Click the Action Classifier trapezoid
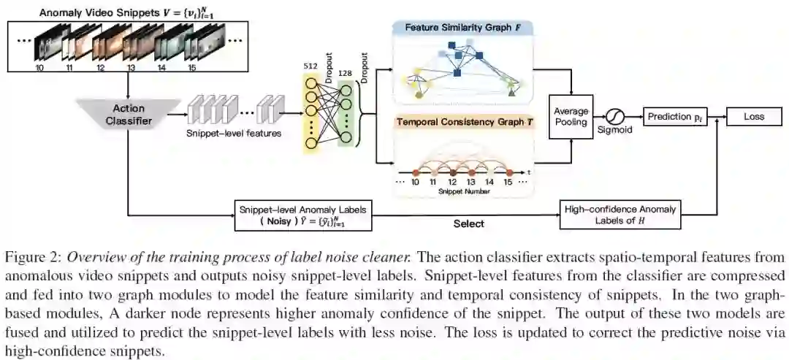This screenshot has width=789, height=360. coord(128,115)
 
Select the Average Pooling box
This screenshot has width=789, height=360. coord(571,117)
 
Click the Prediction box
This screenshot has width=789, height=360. coord(674,116)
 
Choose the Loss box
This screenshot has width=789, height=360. coord(753,116)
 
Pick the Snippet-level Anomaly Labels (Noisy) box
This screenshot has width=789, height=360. coord(303,215)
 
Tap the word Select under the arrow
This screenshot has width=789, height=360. coord(468,224)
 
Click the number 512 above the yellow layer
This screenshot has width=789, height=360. coord(310,66)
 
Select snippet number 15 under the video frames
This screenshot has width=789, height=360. coord(192,67)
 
